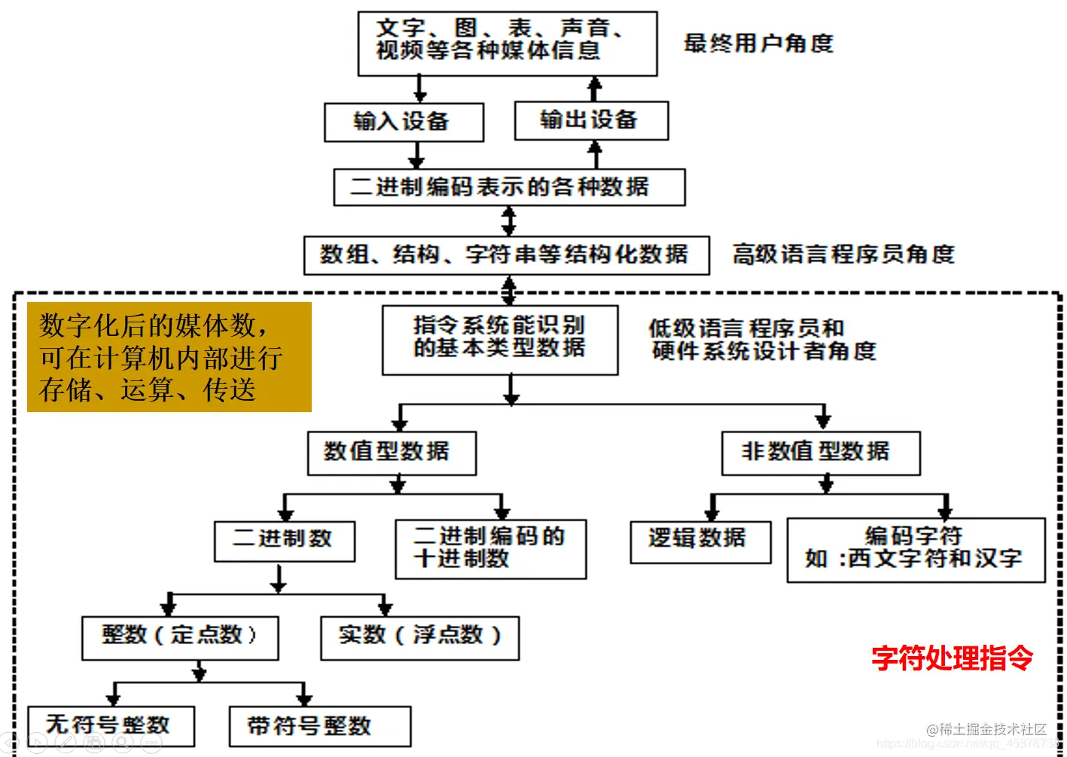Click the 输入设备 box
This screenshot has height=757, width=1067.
(x=404, y=122)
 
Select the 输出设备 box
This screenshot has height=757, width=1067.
(x=591, y=121)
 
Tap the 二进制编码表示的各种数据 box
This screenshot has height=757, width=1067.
(x=509, y=187)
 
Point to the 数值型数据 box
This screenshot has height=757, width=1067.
(x=392, y=453)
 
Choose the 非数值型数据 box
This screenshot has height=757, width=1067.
(x=820, y=453)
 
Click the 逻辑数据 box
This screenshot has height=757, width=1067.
(x=700, y=541)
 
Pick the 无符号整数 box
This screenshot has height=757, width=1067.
(x=111, y=725)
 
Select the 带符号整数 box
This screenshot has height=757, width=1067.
(x=319, y=726)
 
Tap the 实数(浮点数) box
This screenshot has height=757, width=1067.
(x=419, y=637)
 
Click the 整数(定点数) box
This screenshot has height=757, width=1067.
(x=180, y=637)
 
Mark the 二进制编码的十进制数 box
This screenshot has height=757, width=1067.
(x=490, y=548)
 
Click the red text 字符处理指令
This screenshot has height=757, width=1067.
(x=952, y=658)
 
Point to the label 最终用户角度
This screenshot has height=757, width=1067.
(x=758, y=44)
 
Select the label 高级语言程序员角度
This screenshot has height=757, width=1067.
(x=843, y=255)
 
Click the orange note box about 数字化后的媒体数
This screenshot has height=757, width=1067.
(x=169, y=357)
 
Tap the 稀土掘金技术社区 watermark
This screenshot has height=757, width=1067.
(x=986, y=728)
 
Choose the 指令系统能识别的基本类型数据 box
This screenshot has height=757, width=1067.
(x=500, y=340)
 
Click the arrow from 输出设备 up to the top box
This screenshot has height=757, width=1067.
(x=595, y=89)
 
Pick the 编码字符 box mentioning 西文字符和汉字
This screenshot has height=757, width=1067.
(x=916, y=549)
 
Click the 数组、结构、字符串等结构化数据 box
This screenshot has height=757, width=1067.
(x=506, y=255)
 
